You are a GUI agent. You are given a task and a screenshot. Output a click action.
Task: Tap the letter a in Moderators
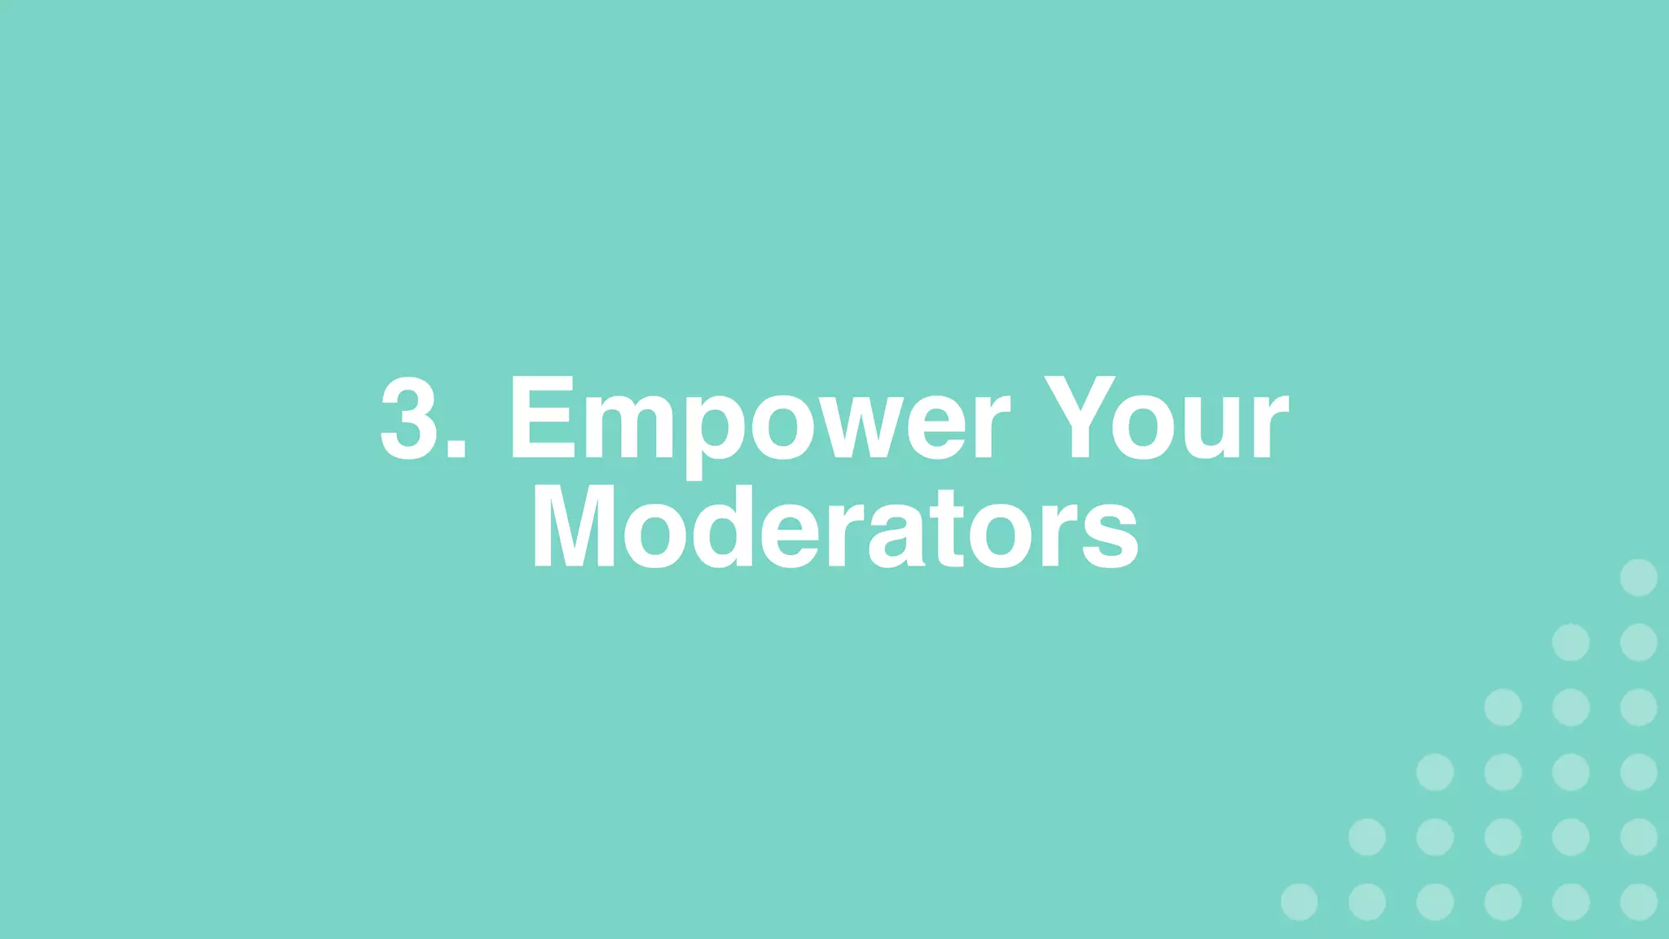896,538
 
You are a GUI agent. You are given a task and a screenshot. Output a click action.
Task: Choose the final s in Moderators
1110,538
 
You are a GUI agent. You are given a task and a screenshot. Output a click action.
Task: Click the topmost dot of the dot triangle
1638,578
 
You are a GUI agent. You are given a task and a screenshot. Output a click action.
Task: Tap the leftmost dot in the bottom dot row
1299,902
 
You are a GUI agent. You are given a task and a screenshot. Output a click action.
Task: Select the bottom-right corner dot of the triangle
1638,902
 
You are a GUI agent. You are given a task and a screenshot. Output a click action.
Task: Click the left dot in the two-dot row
1570,642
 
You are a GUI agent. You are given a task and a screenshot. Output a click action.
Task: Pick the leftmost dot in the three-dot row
1503,707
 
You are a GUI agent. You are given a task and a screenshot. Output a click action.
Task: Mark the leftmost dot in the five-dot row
1367,837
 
